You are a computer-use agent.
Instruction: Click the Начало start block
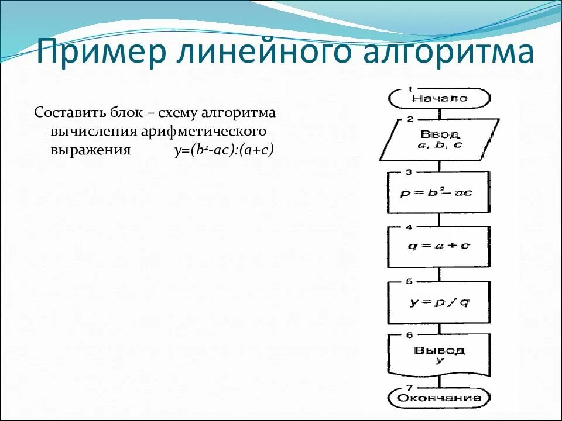tap(439, 98)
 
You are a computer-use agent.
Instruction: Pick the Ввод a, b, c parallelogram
tap(440, 139)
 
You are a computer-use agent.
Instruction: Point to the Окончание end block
tap(439, 398)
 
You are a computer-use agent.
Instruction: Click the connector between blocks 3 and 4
tap(438, 220)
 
